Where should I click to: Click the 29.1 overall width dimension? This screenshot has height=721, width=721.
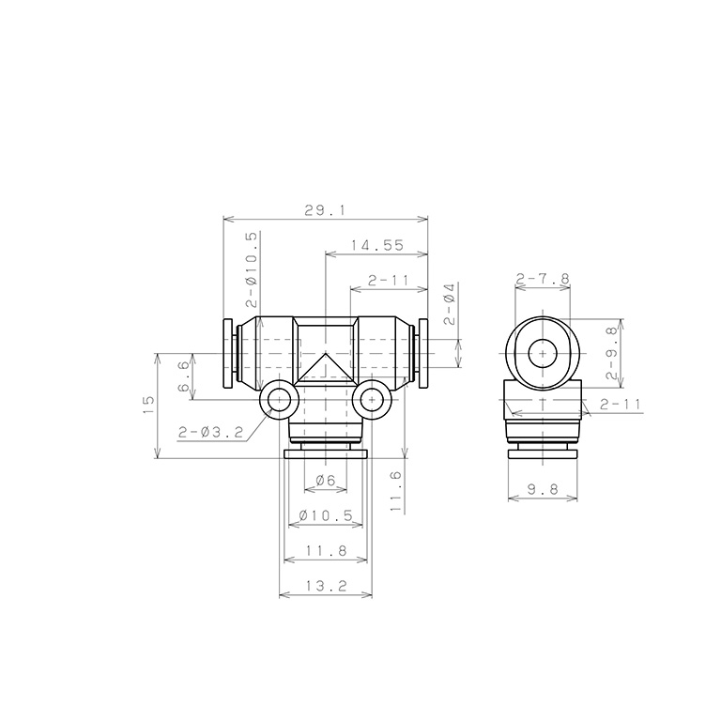[x=324, y=210]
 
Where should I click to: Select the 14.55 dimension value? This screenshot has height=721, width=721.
[x=377, y=245]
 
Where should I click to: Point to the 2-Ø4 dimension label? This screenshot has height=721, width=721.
[x=450, y=304]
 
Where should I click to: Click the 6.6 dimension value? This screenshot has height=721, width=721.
[x=183, y=376]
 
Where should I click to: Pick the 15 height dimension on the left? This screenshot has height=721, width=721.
[x=148, y=406]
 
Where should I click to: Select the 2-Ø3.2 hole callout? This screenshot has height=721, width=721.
[x=210, y=432]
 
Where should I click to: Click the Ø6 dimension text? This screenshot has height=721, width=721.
[x=326, y=481]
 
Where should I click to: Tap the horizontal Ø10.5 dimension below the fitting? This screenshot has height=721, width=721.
[x=326, y=515]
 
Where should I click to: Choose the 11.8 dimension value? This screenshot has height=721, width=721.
[x=326, y=550]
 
